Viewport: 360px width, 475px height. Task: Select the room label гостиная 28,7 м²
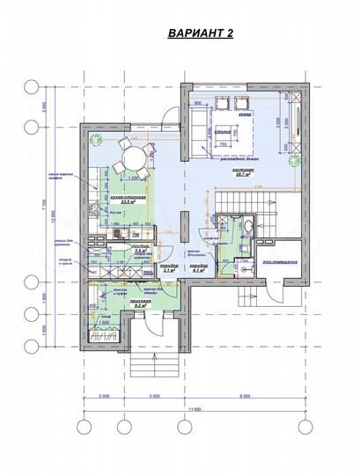click(244, 173)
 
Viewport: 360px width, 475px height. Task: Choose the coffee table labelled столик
click(224, 135)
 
